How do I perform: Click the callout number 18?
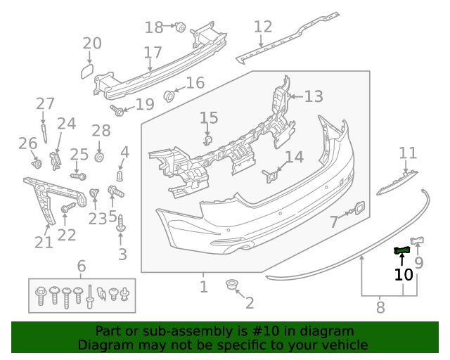click(153, 27)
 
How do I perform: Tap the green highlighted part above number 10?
click(402, 250)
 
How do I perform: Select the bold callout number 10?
click(404, 274)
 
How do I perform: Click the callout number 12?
click(262, 27)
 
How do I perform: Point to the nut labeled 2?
click(231, 285)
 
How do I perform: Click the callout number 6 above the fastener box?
click(82, 266)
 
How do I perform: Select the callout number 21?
click(44, 243)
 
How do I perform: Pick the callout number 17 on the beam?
click(153, 53)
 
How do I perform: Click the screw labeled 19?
click(117, 110)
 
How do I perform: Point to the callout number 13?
click(313, 96)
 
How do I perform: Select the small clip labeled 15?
click(208, 140)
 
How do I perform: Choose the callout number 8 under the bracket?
click(380, 307)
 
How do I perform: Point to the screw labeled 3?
click(122, 226)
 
